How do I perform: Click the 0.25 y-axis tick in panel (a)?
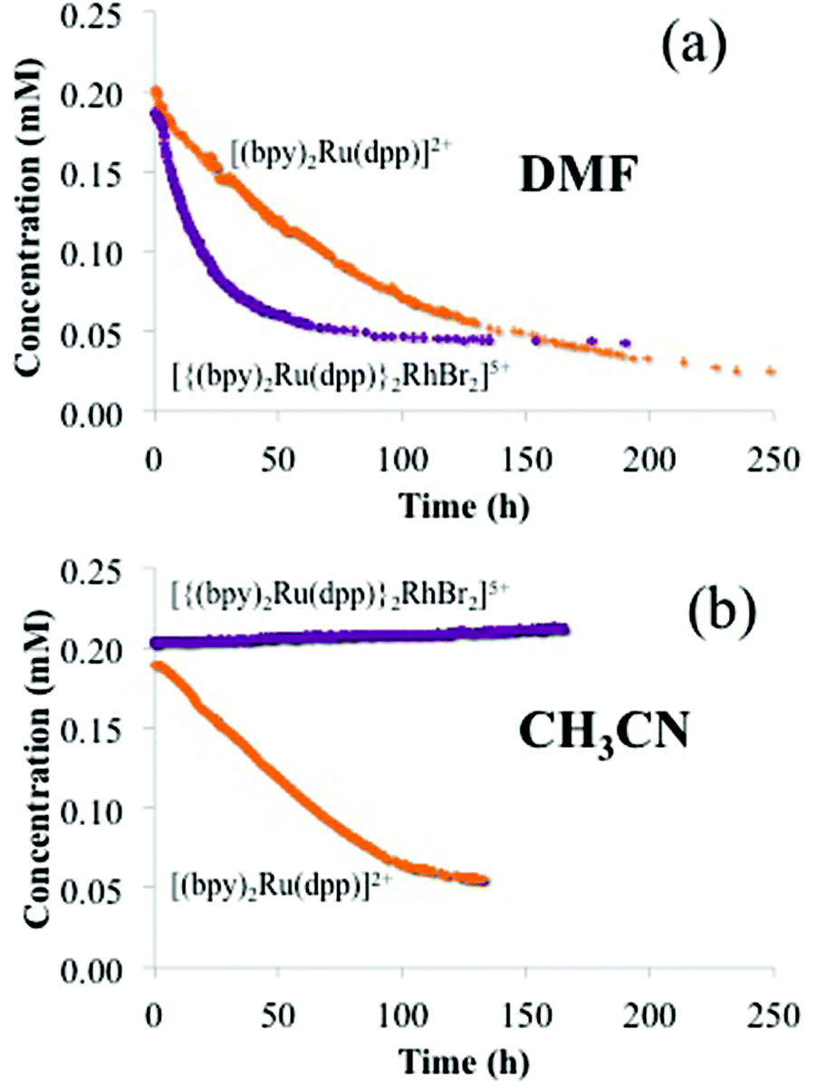107,18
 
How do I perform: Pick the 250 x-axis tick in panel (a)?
773,459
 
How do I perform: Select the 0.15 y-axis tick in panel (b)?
107,728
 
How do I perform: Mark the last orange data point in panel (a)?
771,372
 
